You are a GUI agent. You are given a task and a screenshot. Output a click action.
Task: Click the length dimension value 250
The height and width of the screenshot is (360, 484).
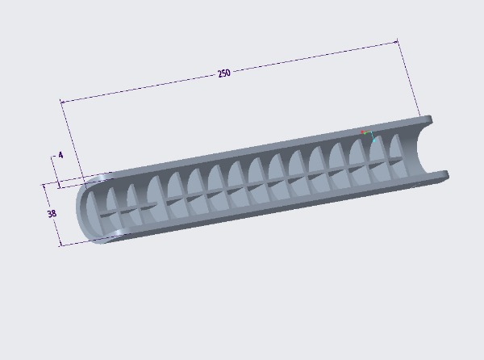pyautogui.click(x=224, y=73)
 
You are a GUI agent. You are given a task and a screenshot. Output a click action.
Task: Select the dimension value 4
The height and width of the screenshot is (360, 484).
pyautogui.click(x=60, y=155)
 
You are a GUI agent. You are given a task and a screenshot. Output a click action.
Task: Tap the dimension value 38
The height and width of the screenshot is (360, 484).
pyautogui.click(x=52, y=213)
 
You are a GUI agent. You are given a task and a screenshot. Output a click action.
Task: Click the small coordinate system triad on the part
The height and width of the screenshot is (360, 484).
pyautogui.click(x=368, y=136)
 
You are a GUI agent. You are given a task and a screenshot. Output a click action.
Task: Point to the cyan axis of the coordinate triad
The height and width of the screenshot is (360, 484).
pyautogui.click(x=373, y=136)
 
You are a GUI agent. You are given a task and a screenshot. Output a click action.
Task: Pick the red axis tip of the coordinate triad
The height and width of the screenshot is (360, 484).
pyautogui.click(x=362, y=132)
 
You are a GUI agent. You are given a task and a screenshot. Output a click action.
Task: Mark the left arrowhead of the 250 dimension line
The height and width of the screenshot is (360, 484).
pyautogui.click(x=62, y=102)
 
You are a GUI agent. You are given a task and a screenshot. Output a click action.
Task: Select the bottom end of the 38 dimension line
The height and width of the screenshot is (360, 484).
pyautogui.click(x=60, y=245)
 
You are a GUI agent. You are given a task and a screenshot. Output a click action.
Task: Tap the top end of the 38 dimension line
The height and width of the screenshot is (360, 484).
pyautogui.click(x=44, y=186)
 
